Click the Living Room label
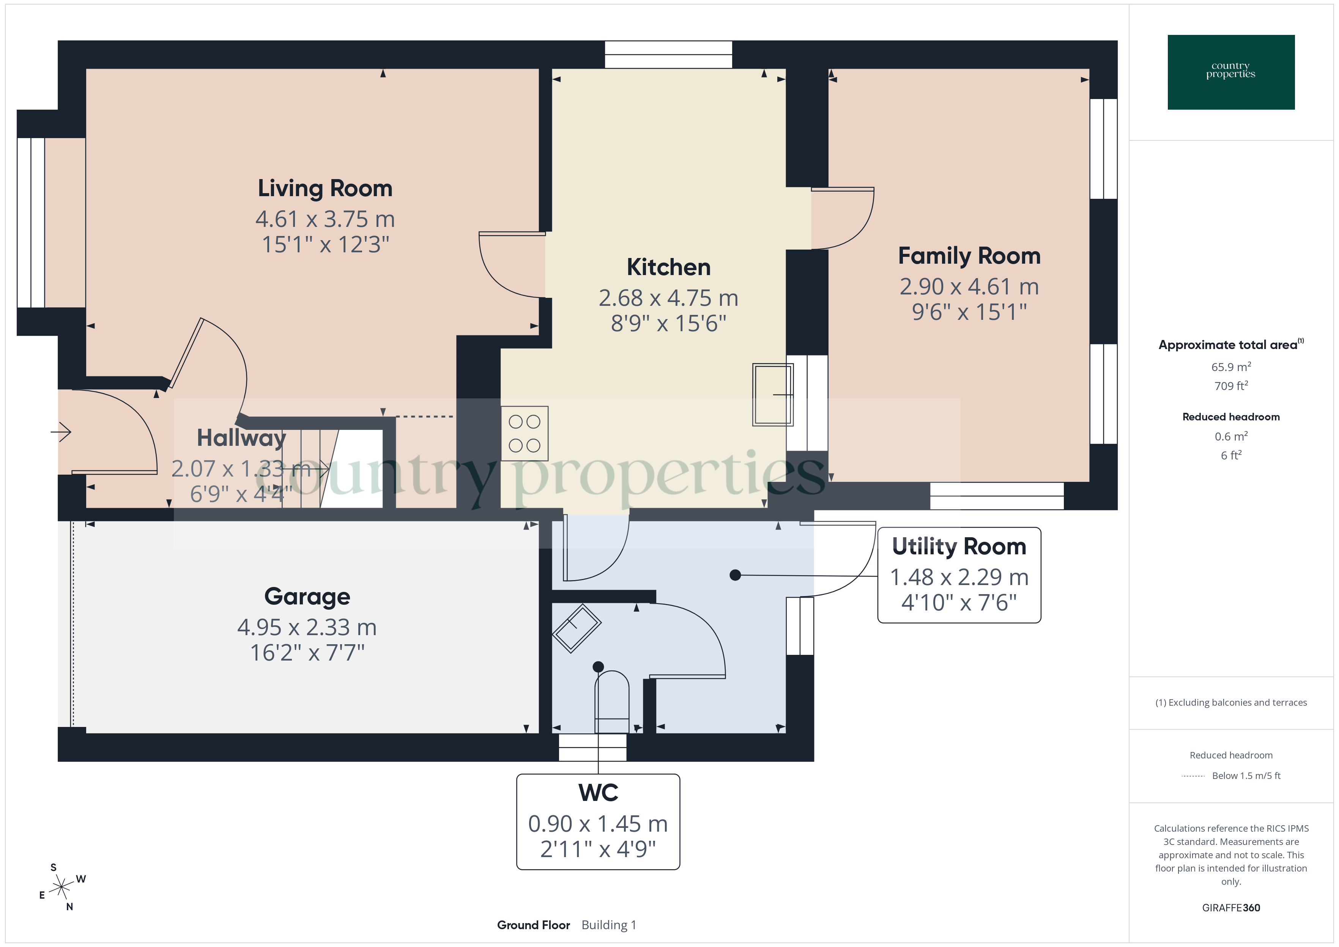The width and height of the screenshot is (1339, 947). coord(325,188)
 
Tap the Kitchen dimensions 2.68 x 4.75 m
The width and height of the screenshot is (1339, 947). coord(668,298)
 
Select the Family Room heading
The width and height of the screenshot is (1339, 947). coord(969,256)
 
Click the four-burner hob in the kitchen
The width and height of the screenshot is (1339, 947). coord(524,433)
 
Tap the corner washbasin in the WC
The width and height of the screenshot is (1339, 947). coord(576,628)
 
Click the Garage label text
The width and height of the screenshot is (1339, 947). coord(307,596)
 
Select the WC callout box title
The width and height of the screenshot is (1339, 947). coord(598,793)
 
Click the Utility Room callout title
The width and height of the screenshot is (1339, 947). coord(959,546)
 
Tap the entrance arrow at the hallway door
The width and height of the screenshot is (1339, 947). coord(61,432)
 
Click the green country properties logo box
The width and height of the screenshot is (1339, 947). coord(1230,72)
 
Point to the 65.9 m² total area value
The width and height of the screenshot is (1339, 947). coord(1230,367)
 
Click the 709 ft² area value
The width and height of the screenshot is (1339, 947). coord(1230,386)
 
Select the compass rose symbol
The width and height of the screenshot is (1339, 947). coord(61,887)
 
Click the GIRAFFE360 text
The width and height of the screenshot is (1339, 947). coord(1230,907)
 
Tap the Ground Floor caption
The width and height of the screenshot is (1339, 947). coord(533,925)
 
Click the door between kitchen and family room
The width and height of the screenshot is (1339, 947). coord(842,219)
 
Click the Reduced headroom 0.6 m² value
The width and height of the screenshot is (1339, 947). coord(1230,436)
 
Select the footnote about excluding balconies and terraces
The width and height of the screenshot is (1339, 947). coord(1230,703)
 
